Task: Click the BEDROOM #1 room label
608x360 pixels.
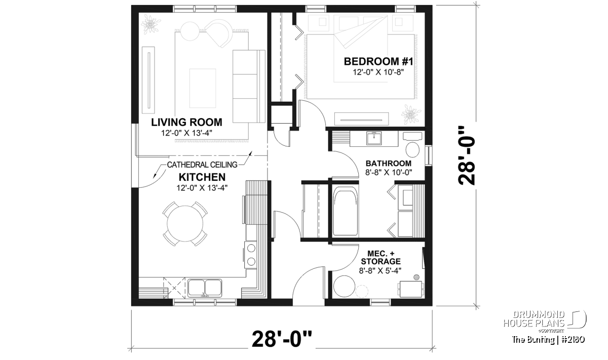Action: (x=378, y=62)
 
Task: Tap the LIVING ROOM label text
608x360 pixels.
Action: (x=186, y=123)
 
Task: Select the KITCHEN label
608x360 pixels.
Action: (x=202, y=177)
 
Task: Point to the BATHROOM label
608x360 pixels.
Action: (x=389, y=164)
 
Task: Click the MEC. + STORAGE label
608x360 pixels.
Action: (x=381, y=257)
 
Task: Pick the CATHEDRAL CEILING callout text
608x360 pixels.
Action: (x=202, y=165)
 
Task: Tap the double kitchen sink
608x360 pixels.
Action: (x=205, y=288)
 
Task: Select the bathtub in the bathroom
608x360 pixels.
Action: (x=345, y=211)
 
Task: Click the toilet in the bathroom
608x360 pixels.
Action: (x=412, y=145)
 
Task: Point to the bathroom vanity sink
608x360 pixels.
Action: (x=374, y=139)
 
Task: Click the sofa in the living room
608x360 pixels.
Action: (x=249, y=86)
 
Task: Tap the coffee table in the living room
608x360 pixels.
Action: (x=203, y=88)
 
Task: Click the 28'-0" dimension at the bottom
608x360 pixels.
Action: (x=282, y=339)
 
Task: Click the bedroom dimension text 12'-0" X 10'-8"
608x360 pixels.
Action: (x=378, y=72)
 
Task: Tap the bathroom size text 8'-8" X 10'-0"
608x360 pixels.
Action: (x=389, y=172)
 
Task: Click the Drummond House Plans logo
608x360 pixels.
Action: (x=545, y=322)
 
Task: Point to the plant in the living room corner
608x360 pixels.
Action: (x=149, y=24)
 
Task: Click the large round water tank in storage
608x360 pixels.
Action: (x=344, y=287)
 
